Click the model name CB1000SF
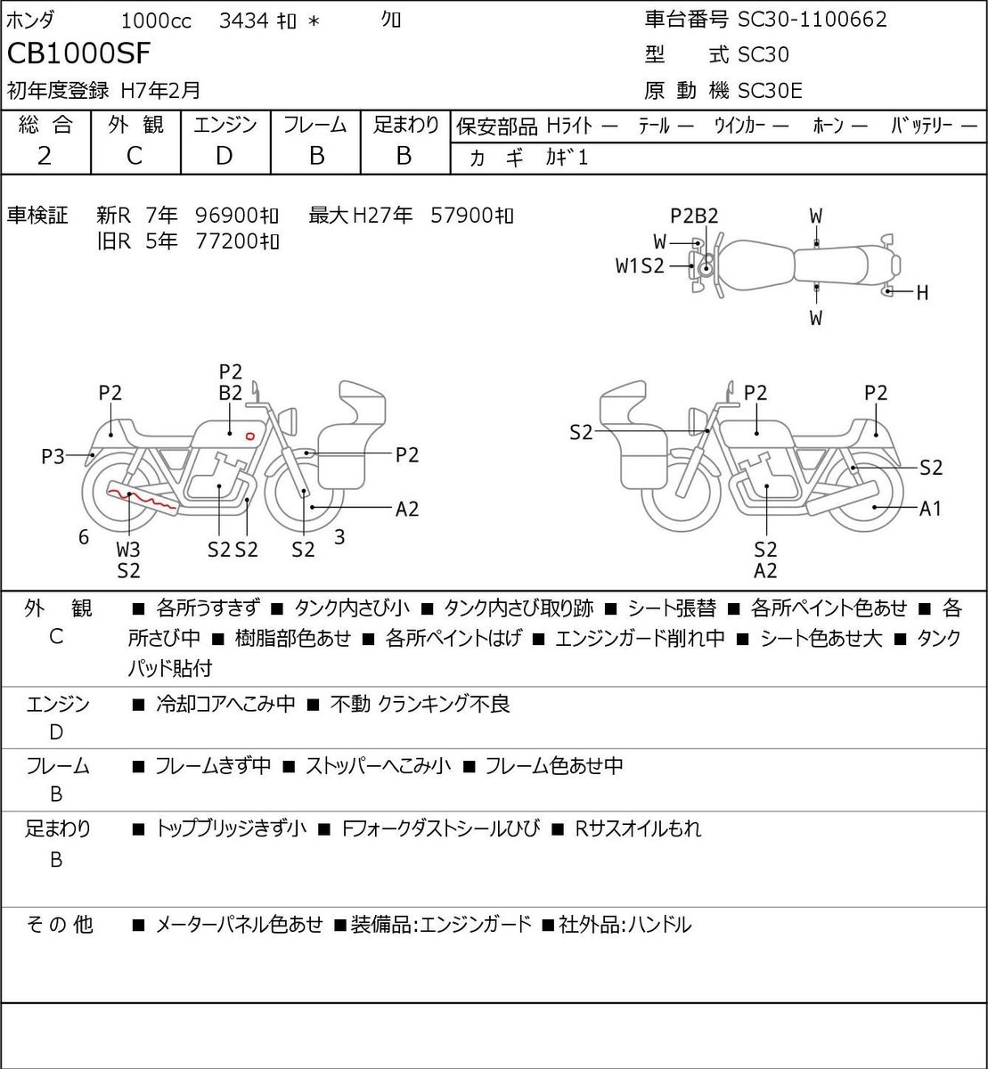78,53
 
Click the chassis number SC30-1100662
812,20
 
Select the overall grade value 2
45,156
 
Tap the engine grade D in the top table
224,156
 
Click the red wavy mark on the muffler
143,499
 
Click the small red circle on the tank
249,436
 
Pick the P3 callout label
53,457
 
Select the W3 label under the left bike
128,550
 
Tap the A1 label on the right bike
930,508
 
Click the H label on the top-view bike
922,293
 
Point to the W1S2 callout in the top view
641,265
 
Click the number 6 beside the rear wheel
84,536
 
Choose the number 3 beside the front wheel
339,536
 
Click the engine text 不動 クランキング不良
420,704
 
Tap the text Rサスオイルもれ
638,829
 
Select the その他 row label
59,926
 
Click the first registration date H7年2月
160,91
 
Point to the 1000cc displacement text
156,21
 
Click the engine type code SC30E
770,91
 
